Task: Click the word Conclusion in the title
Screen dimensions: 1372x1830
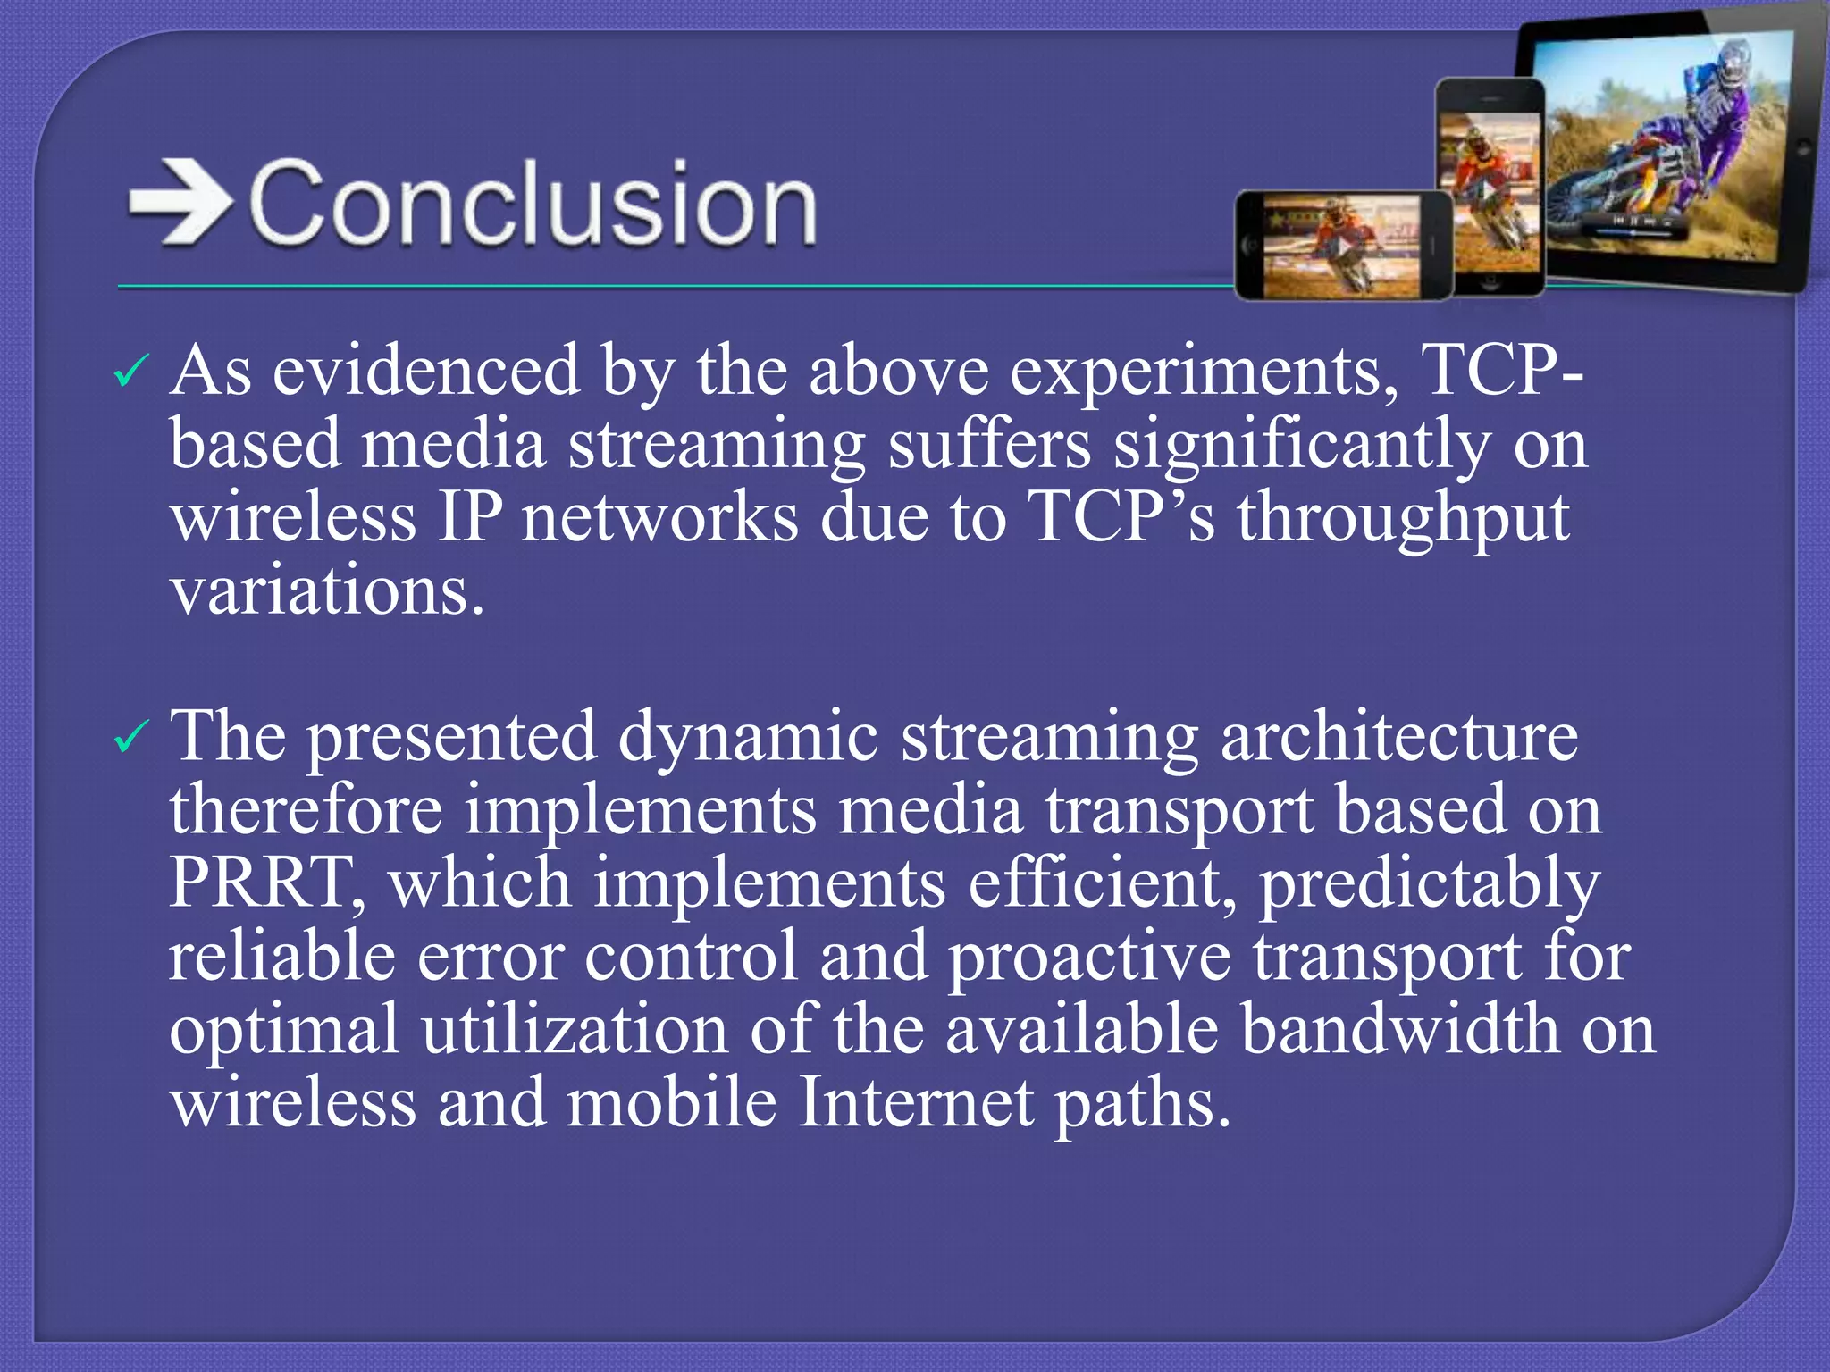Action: pos(533,204)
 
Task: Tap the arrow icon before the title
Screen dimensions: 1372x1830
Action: pos(180,202)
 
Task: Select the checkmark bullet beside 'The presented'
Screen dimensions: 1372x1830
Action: pos(130,738)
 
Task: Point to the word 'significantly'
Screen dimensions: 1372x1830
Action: pos(1301,447)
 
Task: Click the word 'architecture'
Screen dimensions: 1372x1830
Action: pos(1398,738)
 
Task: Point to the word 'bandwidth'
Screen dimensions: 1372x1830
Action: pos(1400,1029)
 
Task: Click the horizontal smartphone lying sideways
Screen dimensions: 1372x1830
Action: pos(1343,245)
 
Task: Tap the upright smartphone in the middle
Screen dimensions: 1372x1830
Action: pos(1490,188)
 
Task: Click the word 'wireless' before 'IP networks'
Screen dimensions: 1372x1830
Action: pos(293,520)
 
